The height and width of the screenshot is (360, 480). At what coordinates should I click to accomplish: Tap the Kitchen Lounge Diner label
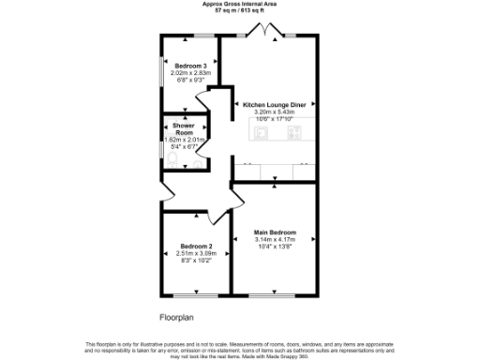click(273, 105)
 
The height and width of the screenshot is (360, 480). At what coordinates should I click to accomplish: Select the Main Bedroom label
click(276, 232)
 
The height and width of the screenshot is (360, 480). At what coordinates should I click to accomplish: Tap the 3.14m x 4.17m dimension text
click(276, 239)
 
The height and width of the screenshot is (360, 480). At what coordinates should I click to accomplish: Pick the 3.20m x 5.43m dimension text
click(273, 112)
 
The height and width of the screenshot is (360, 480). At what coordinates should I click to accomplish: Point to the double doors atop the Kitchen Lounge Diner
click(269, 33)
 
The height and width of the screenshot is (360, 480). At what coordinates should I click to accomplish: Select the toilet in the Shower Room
click(170, 159)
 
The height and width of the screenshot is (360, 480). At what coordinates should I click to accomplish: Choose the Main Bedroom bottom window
click(274, 296)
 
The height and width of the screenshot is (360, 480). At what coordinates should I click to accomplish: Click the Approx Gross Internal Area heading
click(239, 4)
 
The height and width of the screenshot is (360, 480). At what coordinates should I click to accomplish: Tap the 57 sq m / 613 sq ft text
click(239, 10)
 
